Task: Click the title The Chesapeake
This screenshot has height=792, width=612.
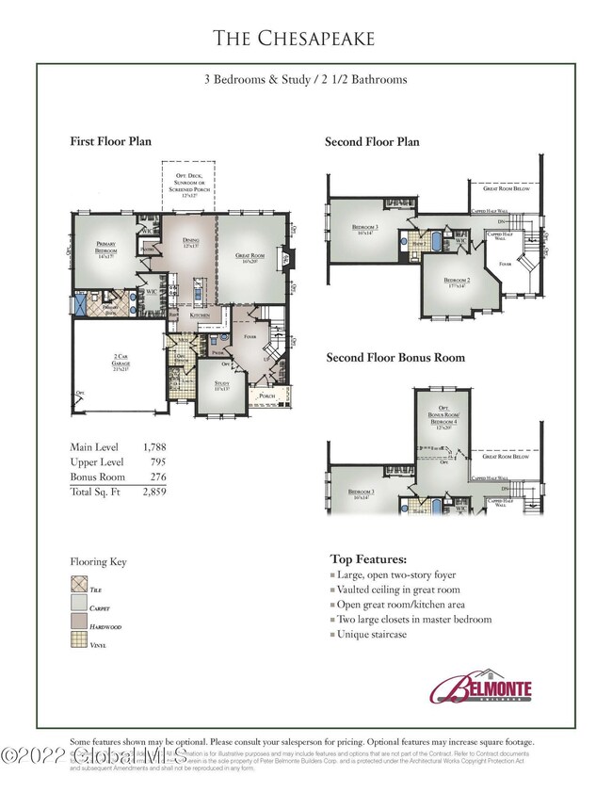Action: (x=294, y=38)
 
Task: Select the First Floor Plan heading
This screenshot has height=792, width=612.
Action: (x=111, y=141)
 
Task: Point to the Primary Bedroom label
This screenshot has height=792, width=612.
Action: (x=105, y=246)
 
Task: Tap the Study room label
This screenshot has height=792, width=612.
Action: (x=221, y=384)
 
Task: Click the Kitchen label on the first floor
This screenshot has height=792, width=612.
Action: (x=200, y=315)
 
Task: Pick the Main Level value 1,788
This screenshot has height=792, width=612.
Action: (x=153, y=447)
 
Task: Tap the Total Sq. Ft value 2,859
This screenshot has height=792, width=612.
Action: (x=153, y=492)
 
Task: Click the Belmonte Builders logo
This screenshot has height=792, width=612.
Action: (x=481, y=688)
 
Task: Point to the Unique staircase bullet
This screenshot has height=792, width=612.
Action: (x=374, y=635)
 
